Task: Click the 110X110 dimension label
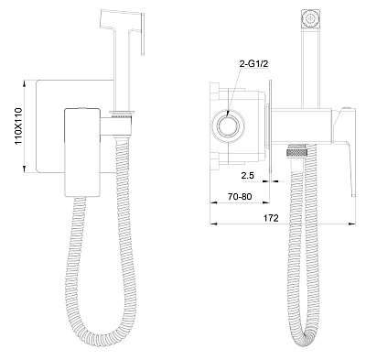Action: (x=19, y=126)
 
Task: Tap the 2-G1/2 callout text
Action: (x=252, y=63)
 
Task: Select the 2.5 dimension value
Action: (x=247, y=176)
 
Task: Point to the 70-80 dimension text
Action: (x=240, y=197)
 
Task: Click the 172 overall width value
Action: (x=271, y=218)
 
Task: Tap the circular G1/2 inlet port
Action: (x=228, y=125)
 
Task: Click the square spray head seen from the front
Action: (x=310, y=19)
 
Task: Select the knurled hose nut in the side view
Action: (x=298, y=149)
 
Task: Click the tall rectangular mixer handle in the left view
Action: (x=83, y=152)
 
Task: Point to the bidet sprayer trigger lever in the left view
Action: (x=142, y=34)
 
